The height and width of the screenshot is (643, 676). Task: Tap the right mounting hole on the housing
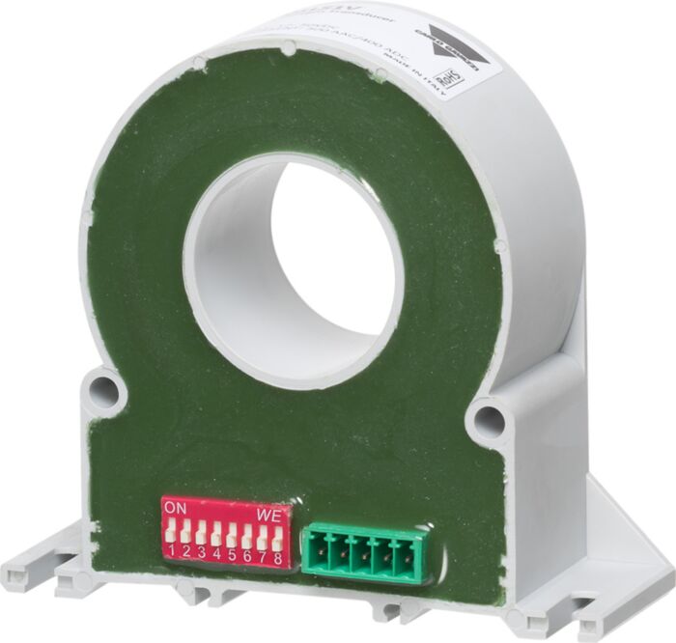(487, 420)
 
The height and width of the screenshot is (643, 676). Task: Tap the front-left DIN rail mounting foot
(39, 576)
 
